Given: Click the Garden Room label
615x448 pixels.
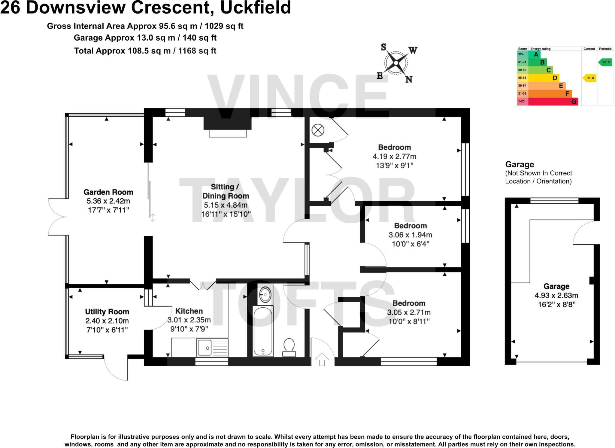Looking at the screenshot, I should click(x=108, y=192).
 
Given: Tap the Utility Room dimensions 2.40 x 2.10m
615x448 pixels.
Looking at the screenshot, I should click(x=107, y=321).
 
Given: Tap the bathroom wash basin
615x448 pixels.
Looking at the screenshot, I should click(x=265, y=295).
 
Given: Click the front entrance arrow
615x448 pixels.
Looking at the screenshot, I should click(x=322, y=359).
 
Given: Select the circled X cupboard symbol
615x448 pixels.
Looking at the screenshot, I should click(x=318, y=130).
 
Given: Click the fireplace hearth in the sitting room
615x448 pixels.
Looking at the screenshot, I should click(x=228, y=133).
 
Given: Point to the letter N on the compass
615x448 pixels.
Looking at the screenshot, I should click(x=409, y=79).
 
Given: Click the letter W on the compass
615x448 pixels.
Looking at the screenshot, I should click(x=413, y=50).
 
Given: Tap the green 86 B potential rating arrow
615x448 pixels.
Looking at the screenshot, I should click(x=605, y=62).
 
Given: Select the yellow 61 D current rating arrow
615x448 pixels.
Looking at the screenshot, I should click(x=589, y=78).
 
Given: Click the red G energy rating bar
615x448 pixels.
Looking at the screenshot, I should click(x=553, y=102).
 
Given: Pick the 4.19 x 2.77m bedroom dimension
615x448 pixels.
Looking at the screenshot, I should click(x=394, y=156).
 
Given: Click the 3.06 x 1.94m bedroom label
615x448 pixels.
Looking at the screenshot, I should click(x=410, y=226).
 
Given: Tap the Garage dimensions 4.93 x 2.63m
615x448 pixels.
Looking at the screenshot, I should click(x=556, y=295).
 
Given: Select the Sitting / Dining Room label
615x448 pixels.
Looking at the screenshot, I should click(x=226, y=191).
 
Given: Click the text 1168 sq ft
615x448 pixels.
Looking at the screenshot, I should click(x=197, y=51).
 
